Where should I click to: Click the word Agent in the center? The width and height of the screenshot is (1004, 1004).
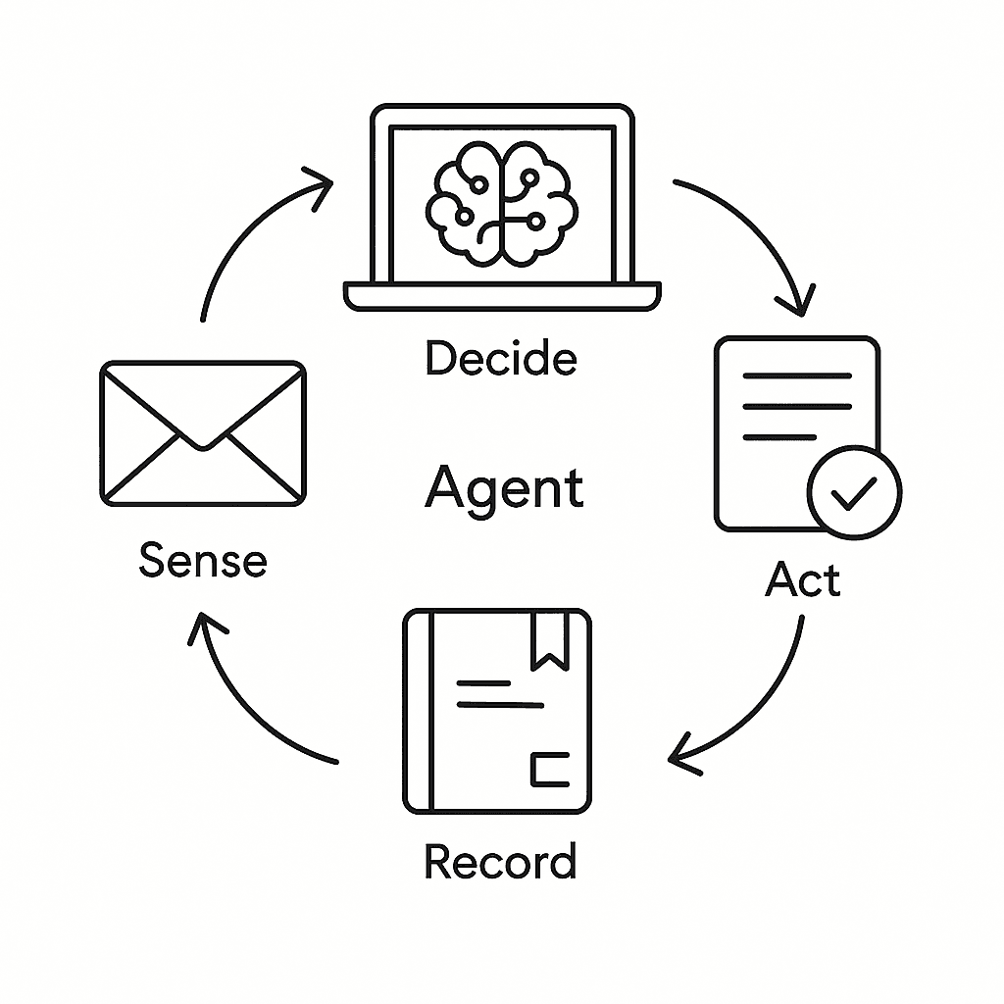click(x=504, y=487)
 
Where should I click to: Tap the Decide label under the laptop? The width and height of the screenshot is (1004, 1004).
click(x=501, y=359)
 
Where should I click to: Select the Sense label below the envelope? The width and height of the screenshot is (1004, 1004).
click(x=203, y=561)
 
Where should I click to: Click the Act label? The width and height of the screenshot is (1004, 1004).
click(x=803, y=580)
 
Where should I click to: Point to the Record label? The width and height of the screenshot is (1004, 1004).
click(x=500, y=862)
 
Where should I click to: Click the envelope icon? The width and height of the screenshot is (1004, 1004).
click(x=203, y=433)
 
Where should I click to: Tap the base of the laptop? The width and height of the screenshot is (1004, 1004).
click(x=502, y=295)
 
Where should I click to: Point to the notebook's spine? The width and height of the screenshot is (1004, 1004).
click(x=419, y=711)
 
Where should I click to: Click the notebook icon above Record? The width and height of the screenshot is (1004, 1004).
click(x=498, y=711)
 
